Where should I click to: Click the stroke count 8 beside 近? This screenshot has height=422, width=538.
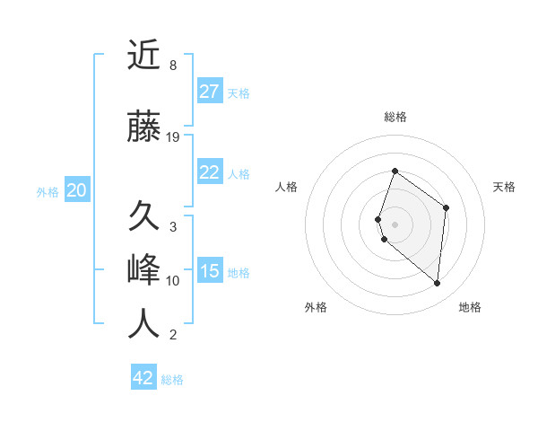click(172, 66)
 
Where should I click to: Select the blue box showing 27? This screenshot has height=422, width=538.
click(209, 92)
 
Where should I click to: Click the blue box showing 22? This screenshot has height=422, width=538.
click(209, 172)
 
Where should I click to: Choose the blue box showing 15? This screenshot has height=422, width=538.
click(209, 271)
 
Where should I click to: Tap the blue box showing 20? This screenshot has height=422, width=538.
click(77, 190)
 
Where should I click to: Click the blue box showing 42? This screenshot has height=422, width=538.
click(143, 378)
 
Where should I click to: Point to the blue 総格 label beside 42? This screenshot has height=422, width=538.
click(172, 380)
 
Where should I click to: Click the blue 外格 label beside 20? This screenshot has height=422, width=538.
click(48, 191)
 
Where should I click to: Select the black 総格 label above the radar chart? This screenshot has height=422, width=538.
click(395, 117)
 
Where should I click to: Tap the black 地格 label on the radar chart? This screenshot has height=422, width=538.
click(470, 307)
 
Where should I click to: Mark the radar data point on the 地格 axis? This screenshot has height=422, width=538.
click(437, 283)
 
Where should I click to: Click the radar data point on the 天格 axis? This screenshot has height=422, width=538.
click(446, 207)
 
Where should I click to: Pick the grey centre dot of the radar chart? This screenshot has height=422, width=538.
click(395, 224)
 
